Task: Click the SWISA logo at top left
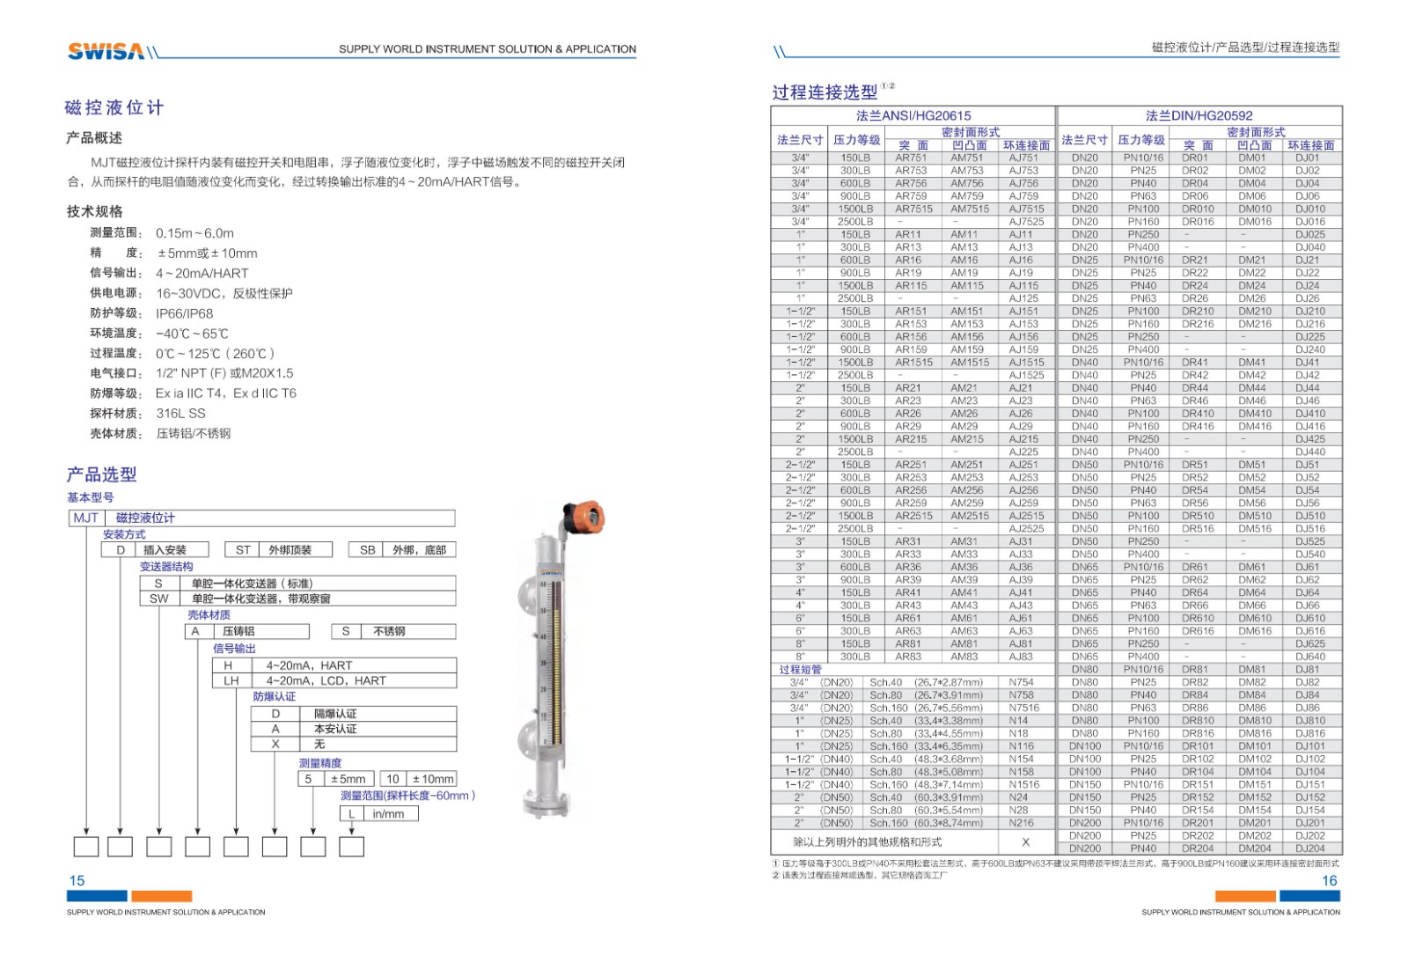106,51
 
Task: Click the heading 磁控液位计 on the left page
114,108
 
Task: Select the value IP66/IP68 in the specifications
185,313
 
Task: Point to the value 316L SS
180,413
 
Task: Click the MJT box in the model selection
86,518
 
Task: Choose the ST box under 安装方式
243,550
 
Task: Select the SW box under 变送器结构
158,599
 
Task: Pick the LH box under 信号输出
231,680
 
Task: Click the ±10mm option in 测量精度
433,779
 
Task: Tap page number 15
77,880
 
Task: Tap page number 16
1329,880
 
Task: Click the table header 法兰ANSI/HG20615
913,115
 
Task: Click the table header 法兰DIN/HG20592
1199,115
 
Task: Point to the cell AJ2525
1026,529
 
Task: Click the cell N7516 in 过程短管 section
1023,708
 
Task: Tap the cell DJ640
1309,657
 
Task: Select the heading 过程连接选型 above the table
825,92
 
